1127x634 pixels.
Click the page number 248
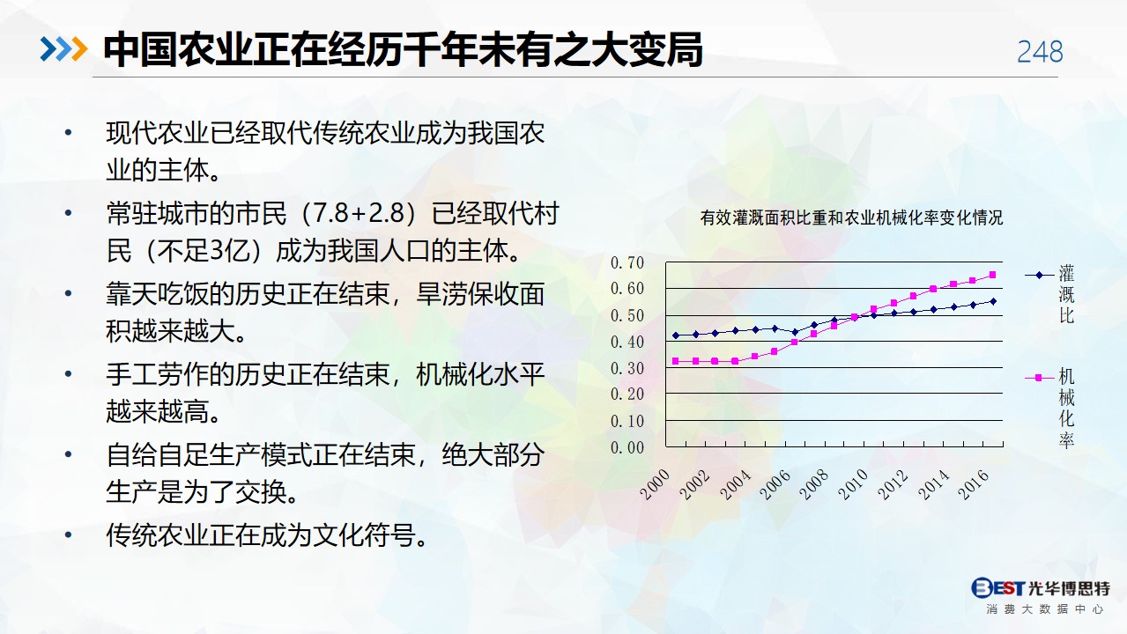(x=1040, y=51)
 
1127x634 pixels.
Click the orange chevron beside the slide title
(x=79, y=49)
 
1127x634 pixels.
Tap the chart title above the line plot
(x=851, y=217)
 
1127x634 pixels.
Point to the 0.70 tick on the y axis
(x=627, y=262)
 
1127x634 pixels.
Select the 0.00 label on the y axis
(x=627, y=447)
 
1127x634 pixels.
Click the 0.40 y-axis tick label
(x=627, y=342)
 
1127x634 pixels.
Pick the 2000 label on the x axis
(x=656, y=484)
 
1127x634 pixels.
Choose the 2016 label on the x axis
(x=974, y=484)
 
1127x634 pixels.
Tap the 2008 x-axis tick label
(x=814, y=484)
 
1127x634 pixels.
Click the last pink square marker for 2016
(x=993, y=275)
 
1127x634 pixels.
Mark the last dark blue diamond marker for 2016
(x=993, y=302)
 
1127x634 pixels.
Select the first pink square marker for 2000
(x=676, y=361)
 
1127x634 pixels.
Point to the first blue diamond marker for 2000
(x=676, y=335)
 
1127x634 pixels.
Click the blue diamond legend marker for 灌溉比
(x=1039, y=275)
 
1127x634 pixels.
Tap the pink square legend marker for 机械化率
(x=1038, y=378)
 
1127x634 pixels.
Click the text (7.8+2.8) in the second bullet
(x=359, y=213)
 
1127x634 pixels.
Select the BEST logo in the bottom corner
(x=997, y=587)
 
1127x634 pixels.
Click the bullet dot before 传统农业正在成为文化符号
(x=69, y=535)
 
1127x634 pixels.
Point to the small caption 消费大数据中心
(x=1045, y=609)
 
